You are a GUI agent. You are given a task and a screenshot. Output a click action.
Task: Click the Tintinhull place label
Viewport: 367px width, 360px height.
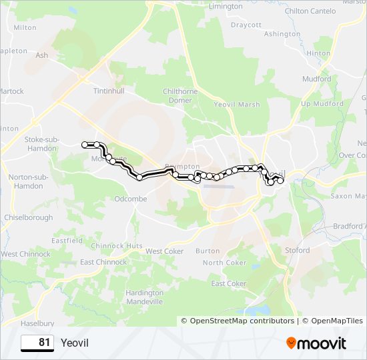[x=109, y=90]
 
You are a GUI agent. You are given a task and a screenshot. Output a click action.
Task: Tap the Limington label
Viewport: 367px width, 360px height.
[x=226, y=6]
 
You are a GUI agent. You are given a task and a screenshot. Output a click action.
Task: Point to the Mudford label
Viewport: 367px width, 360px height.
[x=316, y=79]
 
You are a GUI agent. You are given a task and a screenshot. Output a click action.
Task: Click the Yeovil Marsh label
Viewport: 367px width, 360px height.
[x=237, y=105]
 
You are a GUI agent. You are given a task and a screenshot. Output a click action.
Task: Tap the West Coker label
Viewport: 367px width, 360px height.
[x=164, y=251]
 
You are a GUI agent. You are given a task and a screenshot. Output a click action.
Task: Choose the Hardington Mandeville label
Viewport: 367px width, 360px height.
[x=144, y=297]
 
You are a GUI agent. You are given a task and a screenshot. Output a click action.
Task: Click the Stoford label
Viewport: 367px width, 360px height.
[x=297, y=250]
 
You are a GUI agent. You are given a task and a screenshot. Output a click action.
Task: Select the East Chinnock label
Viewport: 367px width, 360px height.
[x=103, y=262]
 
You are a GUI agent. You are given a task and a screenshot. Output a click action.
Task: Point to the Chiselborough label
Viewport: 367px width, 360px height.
[x=28, y=217]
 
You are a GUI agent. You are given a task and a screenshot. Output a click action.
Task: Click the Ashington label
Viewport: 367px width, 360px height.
[x=282, y=34]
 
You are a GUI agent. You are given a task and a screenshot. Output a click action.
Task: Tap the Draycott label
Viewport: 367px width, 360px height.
[x=246, y=25]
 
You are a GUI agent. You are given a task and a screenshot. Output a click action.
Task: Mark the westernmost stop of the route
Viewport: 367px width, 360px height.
[x=85, y=145]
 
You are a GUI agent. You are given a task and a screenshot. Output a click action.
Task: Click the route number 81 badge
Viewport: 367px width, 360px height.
[x=37, y=343]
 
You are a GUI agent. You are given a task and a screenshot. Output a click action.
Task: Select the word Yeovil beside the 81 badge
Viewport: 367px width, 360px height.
[x=74, y=343]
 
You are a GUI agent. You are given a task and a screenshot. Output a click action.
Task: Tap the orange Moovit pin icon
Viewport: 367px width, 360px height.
[x=292, y=343]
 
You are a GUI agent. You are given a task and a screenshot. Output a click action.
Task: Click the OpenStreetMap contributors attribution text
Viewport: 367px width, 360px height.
[x=242, y=321]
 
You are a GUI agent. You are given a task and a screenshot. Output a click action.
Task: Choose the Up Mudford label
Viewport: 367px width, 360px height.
[x=322, y=104]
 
